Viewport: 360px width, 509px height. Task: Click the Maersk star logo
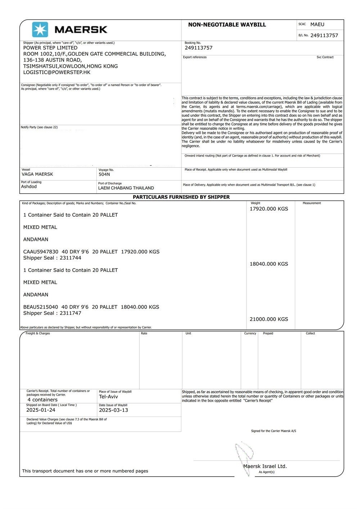click(x=40, y=30)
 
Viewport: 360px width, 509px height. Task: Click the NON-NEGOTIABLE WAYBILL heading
click(x=227, y=25)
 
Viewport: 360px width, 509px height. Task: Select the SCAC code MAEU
click(x=317, y=24)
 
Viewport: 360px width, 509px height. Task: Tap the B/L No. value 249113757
click(x=324, y=35)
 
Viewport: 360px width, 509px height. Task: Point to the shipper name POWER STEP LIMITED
click(x=50, y=48)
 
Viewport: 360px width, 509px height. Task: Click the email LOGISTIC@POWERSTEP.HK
click(x=57, y=72)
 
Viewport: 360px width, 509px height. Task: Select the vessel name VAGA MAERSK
click(x=37, y=174)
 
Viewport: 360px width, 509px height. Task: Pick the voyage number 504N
click(x=104, y=174)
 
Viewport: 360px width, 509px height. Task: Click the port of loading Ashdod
click(x=29, y=186)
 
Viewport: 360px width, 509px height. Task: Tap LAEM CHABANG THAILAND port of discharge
click(x=126, y=188)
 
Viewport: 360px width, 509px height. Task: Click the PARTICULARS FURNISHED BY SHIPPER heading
click(x=181, y=197)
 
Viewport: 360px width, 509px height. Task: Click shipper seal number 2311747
click(x=71, y=313)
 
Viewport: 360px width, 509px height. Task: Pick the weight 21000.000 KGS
click(x=269, y=319)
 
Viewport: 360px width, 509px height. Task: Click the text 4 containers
click(x=42, y=400)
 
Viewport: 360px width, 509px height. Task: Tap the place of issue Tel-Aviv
click(x=108, y=396)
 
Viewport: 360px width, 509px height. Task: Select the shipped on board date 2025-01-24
click(x=41, y=410)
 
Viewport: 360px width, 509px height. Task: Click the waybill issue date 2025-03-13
click(x=113, y=410)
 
